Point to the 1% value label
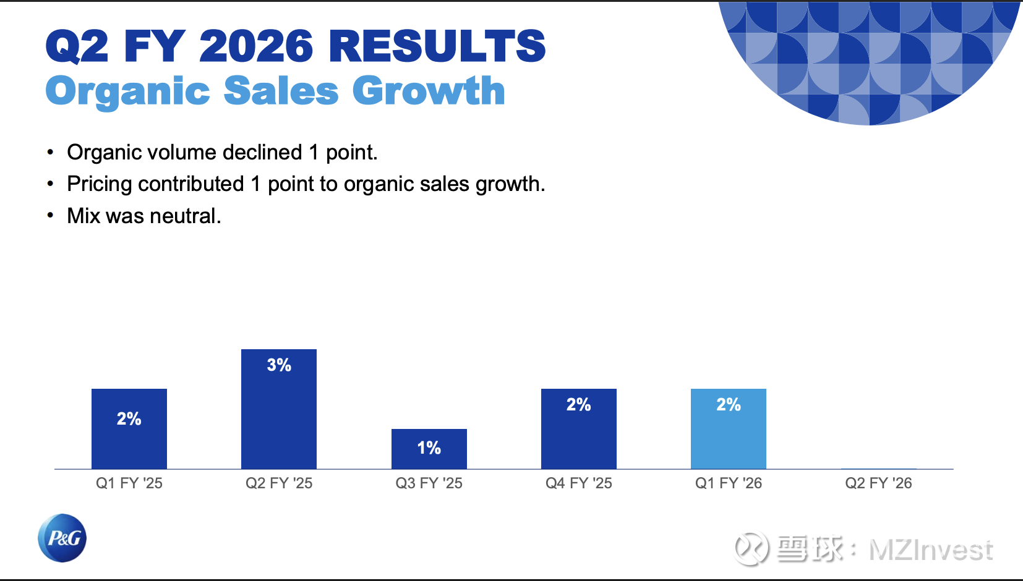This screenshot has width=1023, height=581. coord(429,447)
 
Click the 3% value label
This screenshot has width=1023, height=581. coord(279,365)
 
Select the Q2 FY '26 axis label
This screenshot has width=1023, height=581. coord(878,483)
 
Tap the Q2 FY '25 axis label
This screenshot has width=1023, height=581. coord(279,483)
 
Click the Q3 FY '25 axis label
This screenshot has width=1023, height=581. coord(429,483)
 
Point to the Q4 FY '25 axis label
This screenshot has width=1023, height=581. coord(578,483)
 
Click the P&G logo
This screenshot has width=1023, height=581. coord(62,538)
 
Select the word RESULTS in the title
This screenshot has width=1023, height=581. coord(437,46)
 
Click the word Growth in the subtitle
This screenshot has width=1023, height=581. coord(429,91)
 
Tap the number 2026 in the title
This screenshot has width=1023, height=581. coord(256,46)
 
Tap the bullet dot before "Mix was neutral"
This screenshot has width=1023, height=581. coord(51,216)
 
